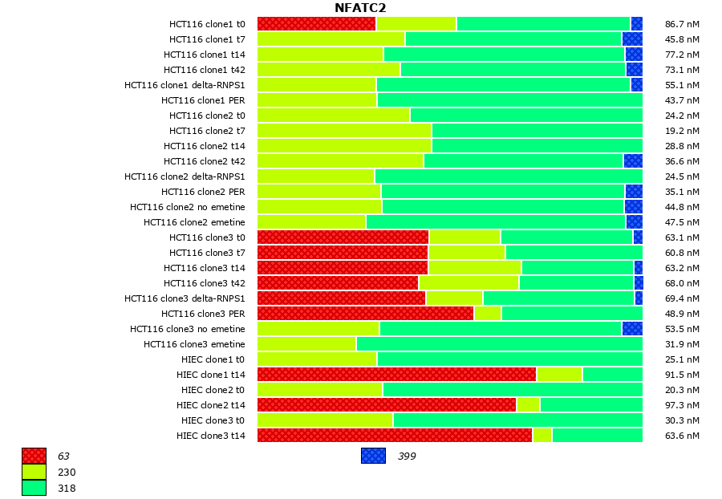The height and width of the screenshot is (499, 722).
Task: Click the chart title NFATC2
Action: point(360,8)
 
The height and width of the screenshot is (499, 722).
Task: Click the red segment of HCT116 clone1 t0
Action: point(316,24)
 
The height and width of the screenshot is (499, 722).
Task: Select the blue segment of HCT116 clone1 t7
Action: point(632,39)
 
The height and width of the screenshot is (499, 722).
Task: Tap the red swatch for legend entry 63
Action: point(34,456)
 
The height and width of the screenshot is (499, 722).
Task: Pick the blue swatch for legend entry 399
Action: point(373,456)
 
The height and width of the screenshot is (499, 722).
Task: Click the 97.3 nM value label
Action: point(682,405)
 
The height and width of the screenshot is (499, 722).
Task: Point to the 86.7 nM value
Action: point(682,24)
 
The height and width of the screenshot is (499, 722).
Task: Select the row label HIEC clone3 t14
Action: point(211,436)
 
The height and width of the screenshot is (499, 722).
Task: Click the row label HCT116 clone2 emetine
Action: point(194,222)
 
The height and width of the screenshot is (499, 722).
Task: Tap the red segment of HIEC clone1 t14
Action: point(396,375)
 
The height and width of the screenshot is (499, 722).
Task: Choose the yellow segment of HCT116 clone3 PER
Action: point(488,314)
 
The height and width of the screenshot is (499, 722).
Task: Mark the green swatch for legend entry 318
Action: point(34,488)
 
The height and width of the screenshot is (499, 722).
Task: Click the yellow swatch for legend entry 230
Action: point(34,472)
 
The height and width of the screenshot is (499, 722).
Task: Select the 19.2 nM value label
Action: point(682,131)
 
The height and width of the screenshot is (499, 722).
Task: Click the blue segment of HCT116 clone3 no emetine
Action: point(632,329)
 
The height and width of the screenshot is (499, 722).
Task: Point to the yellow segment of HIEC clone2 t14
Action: point(528,405)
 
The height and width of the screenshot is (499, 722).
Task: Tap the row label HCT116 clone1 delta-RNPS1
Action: point(185,85)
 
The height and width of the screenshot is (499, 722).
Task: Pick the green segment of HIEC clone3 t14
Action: point(597,436)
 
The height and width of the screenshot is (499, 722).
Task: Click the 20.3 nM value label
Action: point(682,390)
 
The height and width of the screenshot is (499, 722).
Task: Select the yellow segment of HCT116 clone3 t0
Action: point(464,237)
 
